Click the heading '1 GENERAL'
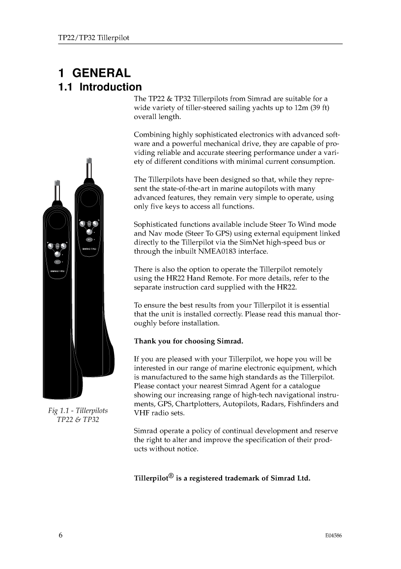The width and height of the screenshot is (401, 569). pyautogui.click(x=94, y=74)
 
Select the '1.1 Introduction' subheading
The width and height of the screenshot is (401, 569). pyautogui.click(x=100, y=88)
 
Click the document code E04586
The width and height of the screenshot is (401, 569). pyautogui.click(x=333, y=536)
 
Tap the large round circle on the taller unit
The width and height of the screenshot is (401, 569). pyautogui.click(x=89, y=199)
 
